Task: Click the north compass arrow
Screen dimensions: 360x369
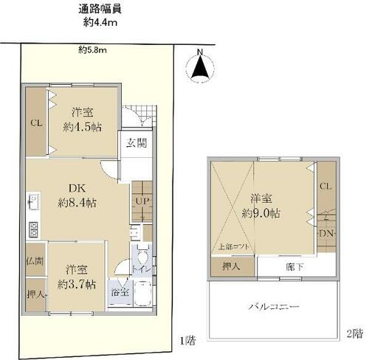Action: click(x=199, y=67)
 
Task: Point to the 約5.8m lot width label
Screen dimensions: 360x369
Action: click(x=93, y=50)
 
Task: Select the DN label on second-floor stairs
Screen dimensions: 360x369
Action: click(x=324, y=234)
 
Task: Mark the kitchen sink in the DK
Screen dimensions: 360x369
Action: click(x=32, y=201)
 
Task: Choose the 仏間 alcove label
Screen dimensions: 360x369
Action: click(x=34, y=260)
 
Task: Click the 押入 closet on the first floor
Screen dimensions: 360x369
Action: click(x=34, y=293)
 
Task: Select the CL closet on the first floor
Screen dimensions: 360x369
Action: click(x=35, y=124)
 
